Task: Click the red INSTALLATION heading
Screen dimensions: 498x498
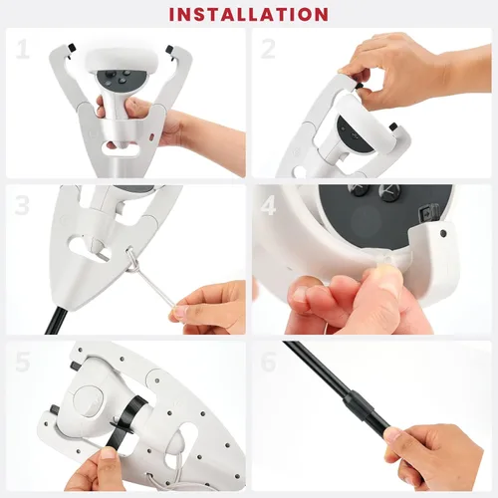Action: pyautogui.click(x=249, y=14)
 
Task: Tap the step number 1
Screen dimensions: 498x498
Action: pyautogui.click(x=23, y=50)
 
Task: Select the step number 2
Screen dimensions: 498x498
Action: pyautogui.click(x=268, y=49)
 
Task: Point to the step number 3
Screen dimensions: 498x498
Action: pyautogui.click(x=22, y=205)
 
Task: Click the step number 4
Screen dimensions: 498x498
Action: pyautogui.click(x=268, y=205)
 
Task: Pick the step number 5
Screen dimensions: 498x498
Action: pyautogui.click(x=23, y=362)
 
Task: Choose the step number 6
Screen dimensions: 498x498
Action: pyautogui.click(x=268, y=362)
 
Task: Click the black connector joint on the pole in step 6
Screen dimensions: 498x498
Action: pyautogui.click(x=362, y=401)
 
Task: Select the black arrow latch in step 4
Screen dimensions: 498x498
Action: pyautogui.click(x=426, y=212)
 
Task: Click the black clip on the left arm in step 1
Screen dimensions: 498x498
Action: pyautogui.click(x=72, y=49)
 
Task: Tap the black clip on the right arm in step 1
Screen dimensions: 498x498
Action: pyautogui.click(x=169, y=50)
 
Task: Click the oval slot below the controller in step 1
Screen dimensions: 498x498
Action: pyautogui.click(x=121, y=148)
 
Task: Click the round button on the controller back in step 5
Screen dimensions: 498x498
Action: pyautogui.click(x=89, y=401)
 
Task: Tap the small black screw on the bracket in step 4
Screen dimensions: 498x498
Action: pyautogui.click(x=442, y=233)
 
